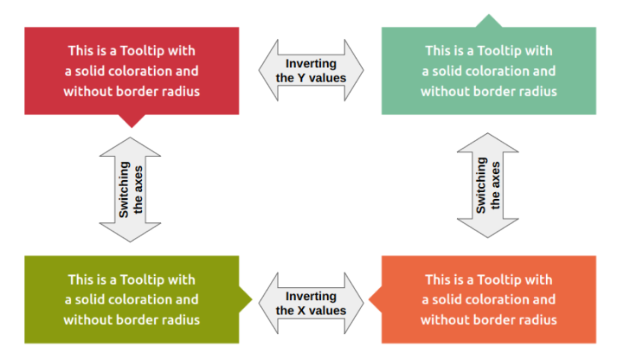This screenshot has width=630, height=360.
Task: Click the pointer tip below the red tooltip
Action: coord(131,121)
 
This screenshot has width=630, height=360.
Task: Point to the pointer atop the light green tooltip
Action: coord(489,21)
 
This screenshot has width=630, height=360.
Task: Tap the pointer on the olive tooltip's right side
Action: coord(246,299)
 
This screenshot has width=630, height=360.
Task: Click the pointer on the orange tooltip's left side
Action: coord(374,299)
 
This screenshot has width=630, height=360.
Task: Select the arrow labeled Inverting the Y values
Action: coord(311,70)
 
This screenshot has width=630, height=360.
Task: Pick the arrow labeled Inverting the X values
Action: coord(311,303)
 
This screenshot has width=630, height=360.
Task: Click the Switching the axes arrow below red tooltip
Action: coord(131,189)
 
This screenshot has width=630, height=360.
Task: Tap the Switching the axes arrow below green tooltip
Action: coord(488,185)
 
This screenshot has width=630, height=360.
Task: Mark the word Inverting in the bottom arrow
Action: coord(311,297)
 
